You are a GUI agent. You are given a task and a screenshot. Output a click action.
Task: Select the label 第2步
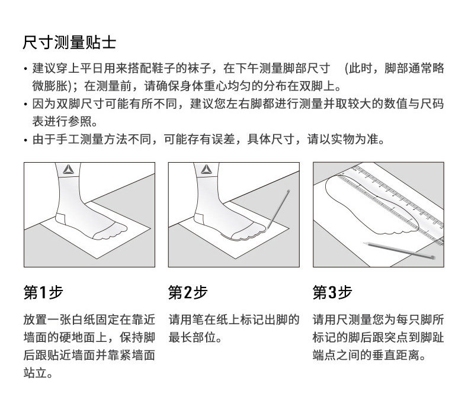pyautogui.click(x=188, y=292)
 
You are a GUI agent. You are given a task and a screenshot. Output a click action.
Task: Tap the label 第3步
pyautogui.click(x=332, y=292)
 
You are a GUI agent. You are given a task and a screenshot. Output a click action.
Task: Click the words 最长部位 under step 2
pyautogui.click(x=193, y=339)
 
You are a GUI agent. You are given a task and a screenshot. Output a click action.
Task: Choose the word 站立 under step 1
pyautogui.click(x=37, y=374)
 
